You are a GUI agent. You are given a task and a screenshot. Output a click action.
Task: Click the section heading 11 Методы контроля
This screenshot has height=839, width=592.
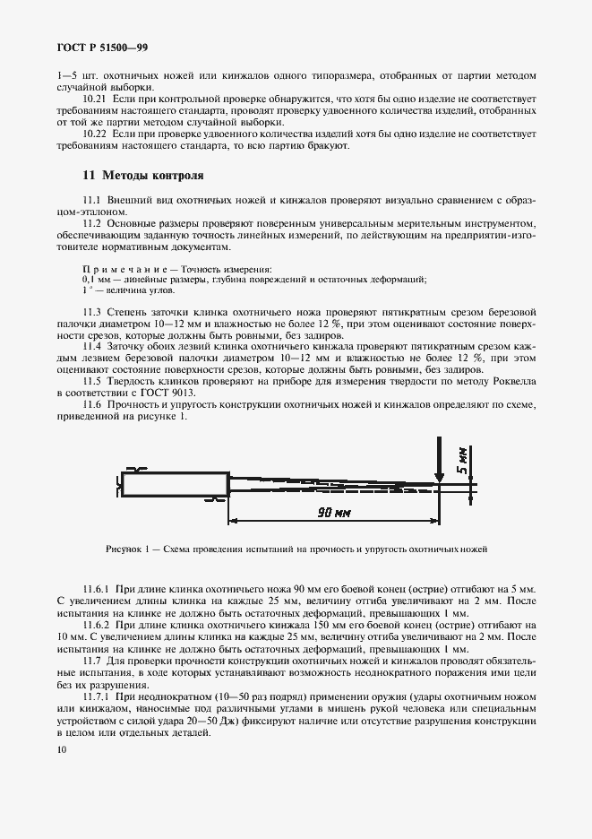pos(131,175)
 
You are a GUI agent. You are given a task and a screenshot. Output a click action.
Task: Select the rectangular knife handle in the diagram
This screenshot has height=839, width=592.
pos(174,485)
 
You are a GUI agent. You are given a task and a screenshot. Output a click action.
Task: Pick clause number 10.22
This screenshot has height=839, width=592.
pos(94,134)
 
